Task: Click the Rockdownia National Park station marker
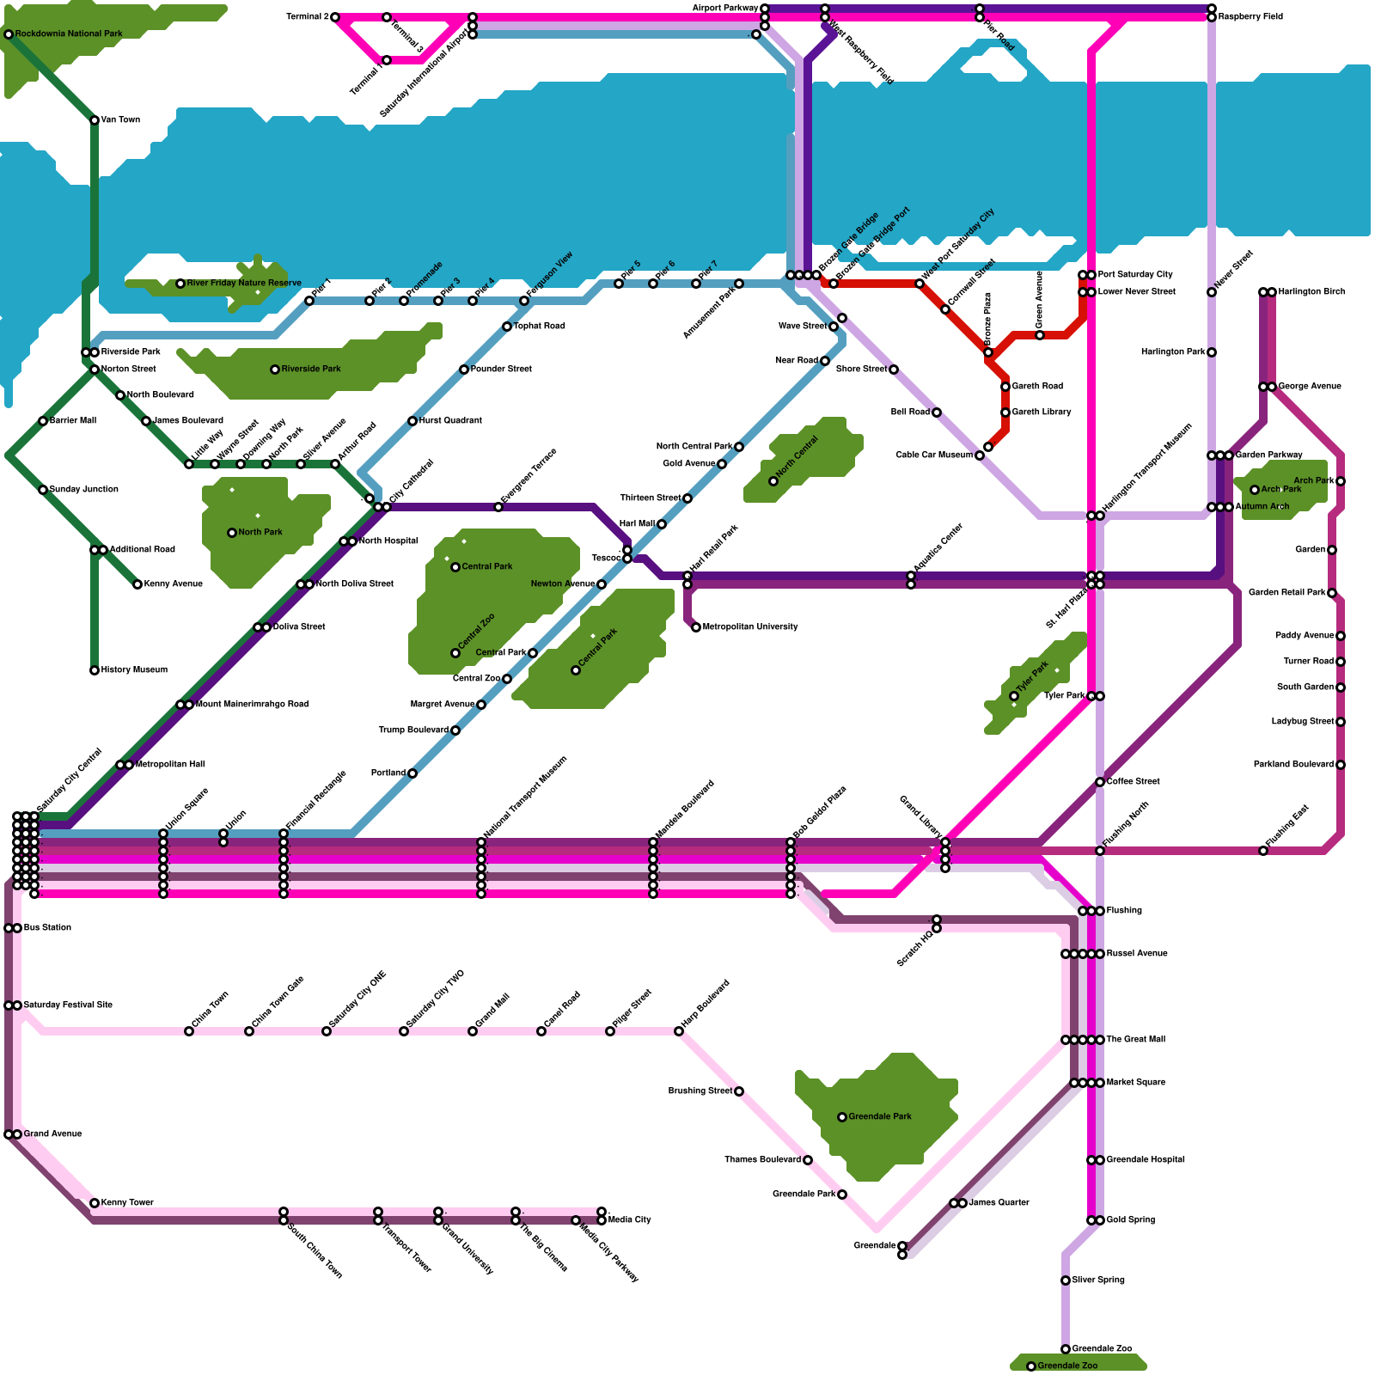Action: [x=9, y=34]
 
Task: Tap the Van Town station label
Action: [x=120, y=120]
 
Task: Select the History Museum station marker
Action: [x=95, y=670]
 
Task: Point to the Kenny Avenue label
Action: [x=174, y=584]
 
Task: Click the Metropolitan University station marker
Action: [x=696, y=627]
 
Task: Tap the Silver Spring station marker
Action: [x=1066, y=1280]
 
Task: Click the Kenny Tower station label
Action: [x=127, y=1203]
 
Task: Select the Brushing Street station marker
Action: [x=739, y=1091]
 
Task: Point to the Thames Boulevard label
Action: [x=763, y=1160]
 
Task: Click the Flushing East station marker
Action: [x=1263, y=851]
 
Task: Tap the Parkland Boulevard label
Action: [x=1293, y=765]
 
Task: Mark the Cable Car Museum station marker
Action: [x=980, y=455]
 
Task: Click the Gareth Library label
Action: [x=1042, y=412]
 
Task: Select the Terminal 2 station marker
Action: [x=335, y=17]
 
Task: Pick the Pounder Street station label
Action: [x=501, y=370]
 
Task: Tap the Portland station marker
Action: [x=412, y=773]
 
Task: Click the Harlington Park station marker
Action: [x=1212, y=352]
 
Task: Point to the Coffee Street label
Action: [x=1133, y=782]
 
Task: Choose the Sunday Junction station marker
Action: [x=43, y=490]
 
